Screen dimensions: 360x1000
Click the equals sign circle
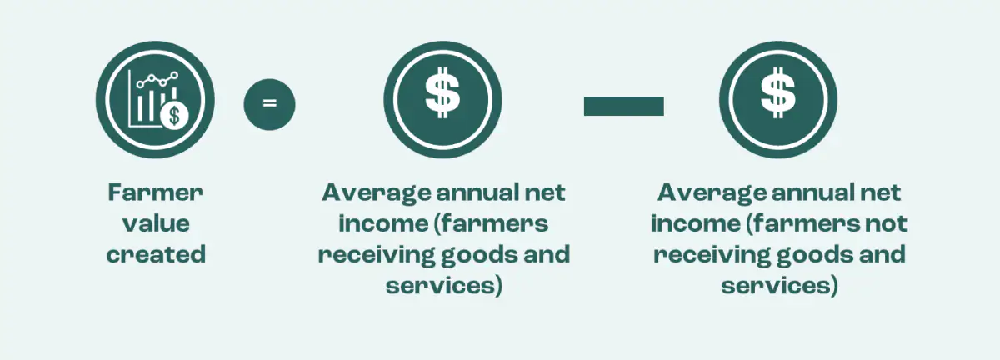[269, 104]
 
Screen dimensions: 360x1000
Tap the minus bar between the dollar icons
[623, 106]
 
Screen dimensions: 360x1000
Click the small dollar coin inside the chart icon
[175, 114]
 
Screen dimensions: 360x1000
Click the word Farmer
[156, 192]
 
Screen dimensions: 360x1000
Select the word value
[156, 223]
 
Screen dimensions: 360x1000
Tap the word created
[156, 254]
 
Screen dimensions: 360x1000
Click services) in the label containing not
[778, 285]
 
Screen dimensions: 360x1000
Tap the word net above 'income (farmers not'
[881, 192]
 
